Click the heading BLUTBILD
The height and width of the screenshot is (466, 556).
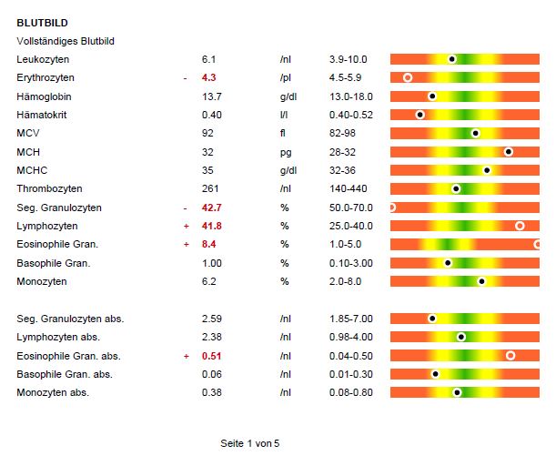point(42,22)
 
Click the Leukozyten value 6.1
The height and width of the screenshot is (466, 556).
point(208,59)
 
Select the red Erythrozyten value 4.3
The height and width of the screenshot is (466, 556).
point(208,78)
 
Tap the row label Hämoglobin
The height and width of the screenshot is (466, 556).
point(44,96)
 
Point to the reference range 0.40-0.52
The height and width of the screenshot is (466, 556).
point(351,115)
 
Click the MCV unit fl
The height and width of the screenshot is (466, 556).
point(283,134)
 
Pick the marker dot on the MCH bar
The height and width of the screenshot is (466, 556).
point(508,152)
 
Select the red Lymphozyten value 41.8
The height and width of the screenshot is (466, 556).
point(212,226)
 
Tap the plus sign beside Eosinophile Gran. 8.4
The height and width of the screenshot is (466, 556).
point(186,245)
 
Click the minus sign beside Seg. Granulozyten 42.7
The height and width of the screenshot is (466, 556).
point(186,208)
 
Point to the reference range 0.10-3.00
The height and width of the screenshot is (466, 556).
point(351,263)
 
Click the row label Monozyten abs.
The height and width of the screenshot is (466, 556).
point(53,392)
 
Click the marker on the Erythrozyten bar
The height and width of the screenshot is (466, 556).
point(408,78)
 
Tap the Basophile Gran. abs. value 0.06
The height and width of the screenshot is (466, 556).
point(210,374)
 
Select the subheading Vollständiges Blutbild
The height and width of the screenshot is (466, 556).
point(66,41)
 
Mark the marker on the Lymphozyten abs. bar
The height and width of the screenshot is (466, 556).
point(461,337)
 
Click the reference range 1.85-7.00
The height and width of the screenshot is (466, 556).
point(351,319)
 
